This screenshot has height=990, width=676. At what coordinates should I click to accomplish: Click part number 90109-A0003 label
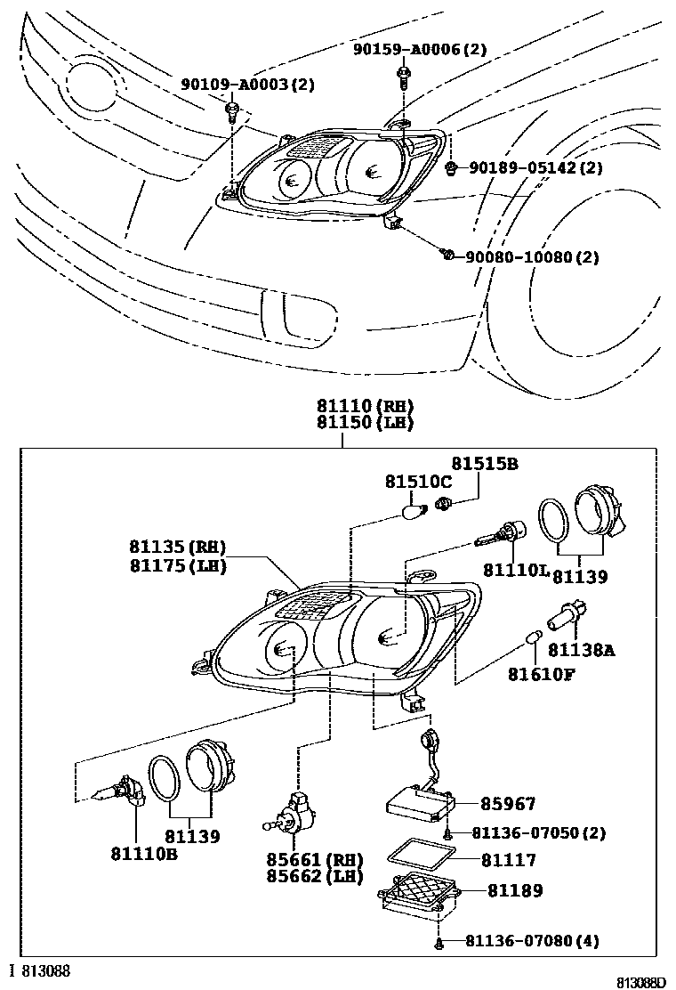pyautogui.click(x=247, y=85)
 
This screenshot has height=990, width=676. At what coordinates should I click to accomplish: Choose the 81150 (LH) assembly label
pyautogui.click(x=365, y=424)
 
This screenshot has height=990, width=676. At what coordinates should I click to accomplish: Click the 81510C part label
pyautogui.click(x=418, y=482)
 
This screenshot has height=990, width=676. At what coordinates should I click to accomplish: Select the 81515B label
pyautogui.click(x=484, y=464)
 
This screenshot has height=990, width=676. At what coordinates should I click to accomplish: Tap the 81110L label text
pyautogui.click(x=516, y=569)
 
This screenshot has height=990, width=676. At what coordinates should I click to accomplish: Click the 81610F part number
pyautogui.click(x=542, y=674)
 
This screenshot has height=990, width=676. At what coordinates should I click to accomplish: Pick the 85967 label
pyautogui.click(x=508, y=804)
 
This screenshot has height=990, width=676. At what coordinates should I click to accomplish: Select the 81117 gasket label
pyautogui.click(x=508, y=861)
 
